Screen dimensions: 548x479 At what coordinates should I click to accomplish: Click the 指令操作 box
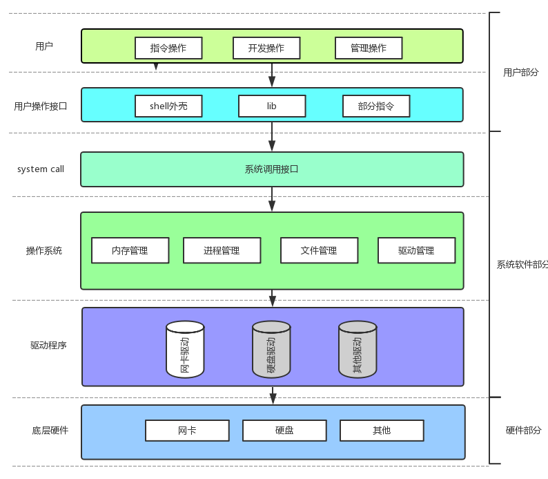pyautogui.click(x=168, y=48)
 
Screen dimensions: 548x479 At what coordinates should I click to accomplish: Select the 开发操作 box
pyautogui.click(x=266, y=48)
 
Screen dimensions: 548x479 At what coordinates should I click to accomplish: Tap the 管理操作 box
pyautogui.click(x=369, y=48)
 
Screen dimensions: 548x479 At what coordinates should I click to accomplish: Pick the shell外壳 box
pyautogui.click(x=168, y=106)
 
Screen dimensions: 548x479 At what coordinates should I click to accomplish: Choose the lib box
pyautogui.click(x=272, y=106)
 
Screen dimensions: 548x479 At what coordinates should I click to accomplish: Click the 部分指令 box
pyautogui.click(x=376, y=106)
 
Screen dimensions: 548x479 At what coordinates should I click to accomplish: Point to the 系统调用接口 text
pyautogui.click(x=271, y=169)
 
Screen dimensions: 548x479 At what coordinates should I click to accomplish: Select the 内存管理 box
pyautogui.click(x=130, y=250)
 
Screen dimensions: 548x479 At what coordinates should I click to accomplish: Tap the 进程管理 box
pyautogui.click(x=222, y=250)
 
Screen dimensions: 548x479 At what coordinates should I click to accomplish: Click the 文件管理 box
pyautogui.click(x=319, y=250)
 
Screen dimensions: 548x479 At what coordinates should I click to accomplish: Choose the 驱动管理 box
pyautogui.click(x=417, y=250)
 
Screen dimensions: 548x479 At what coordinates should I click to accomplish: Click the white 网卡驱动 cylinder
pyautogui.click(x=185, y=350)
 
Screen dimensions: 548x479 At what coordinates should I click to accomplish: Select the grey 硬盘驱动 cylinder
pyautogui.click(x=271, y=350)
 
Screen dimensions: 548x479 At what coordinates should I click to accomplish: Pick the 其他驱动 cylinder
pyautogui.click(x=358, y=350)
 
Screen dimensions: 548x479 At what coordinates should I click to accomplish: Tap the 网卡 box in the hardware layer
pyautogui.click(x=187, y=431)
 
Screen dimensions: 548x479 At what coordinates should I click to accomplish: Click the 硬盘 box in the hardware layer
pyautogui.click(x=284, y=431)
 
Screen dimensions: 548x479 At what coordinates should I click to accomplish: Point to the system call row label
pyautogui.click(x=41, y=169)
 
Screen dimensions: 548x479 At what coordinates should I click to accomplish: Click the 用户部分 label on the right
pyautogui.click(x=521, y=73)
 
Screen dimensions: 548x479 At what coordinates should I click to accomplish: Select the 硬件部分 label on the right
pyautogui.click(x=524, y=431)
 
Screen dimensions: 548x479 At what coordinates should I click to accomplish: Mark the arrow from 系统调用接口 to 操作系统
pyautogui.click(x=272, y=199)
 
